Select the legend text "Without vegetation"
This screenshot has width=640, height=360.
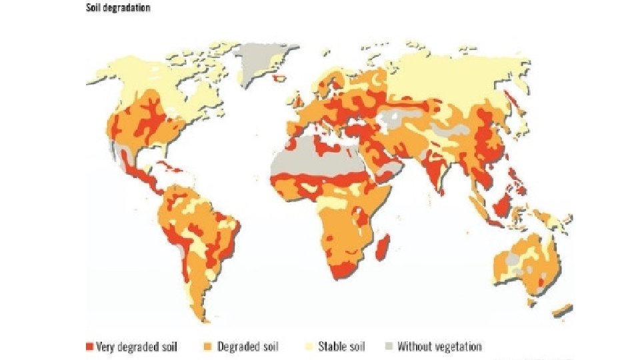[439, 347]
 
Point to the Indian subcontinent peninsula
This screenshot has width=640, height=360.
[432, 177]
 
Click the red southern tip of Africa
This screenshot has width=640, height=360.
[343, 271]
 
